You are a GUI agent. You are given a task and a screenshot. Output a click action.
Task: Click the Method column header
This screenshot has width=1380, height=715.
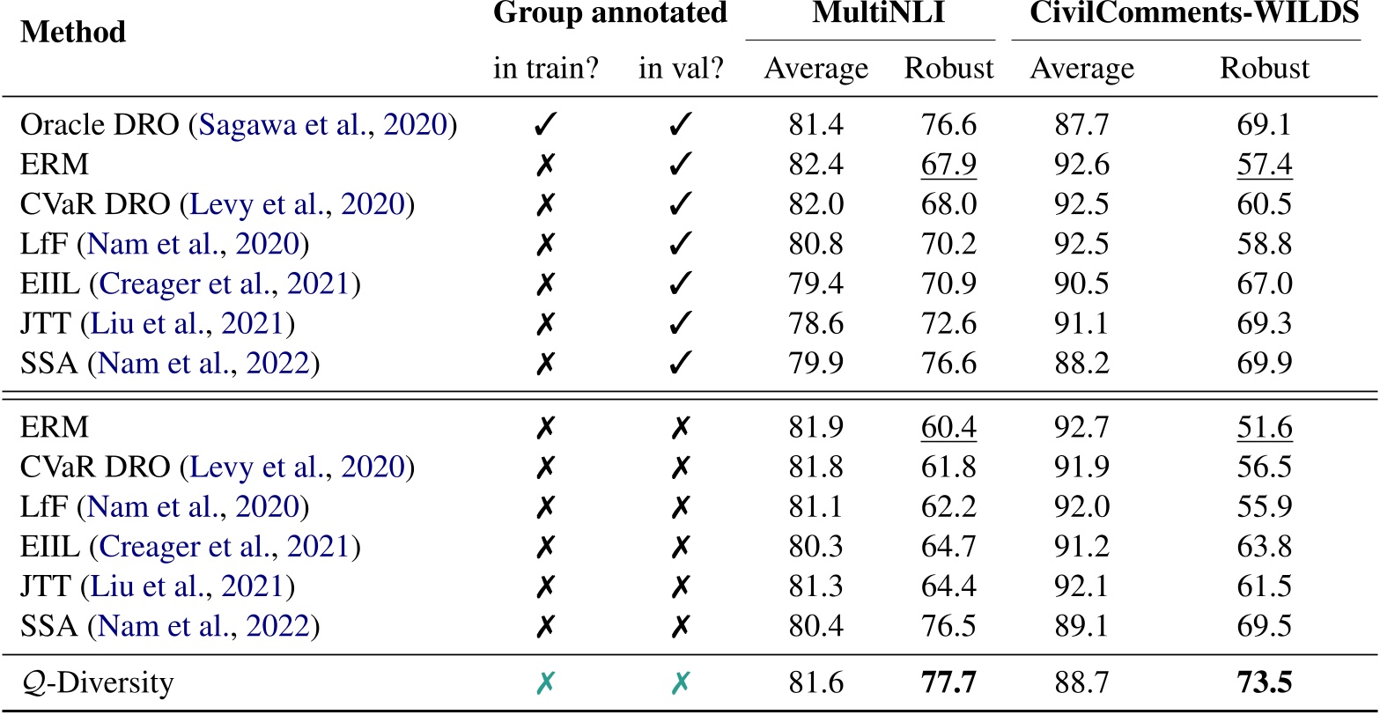tap(73, 33)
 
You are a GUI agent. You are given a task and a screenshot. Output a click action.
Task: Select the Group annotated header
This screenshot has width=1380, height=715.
tap(610, 13)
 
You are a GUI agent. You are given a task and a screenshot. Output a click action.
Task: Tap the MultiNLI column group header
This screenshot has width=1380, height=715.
tap(870, 13)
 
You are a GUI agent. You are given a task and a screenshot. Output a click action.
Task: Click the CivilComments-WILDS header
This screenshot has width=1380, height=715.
tap(1185, 13)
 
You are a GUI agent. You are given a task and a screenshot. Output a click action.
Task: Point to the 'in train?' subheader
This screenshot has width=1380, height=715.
tap(547, 68)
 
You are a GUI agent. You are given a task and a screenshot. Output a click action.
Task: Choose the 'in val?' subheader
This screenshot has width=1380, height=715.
tap(681, 68)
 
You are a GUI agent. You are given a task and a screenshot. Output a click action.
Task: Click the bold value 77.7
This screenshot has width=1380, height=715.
tap(948, 683)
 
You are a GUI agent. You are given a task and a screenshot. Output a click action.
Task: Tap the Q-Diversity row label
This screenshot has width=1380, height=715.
tap(97, 683)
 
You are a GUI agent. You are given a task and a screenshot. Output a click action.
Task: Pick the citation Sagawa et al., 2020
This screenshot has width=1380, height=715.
tap(326, 126)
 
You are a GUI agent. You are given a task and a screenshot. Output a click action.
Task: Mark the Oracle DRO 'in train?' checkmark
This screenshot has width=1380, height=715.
tap(546, 126)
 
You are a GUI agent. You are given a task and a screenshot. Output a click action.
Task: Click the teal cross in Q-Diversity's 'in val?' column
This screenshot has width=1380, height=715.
tap(680, 683)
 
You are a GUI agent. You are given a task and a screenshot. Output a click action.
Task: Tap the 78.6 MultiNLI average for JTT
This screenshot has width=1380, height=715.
tap(815, 324)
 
